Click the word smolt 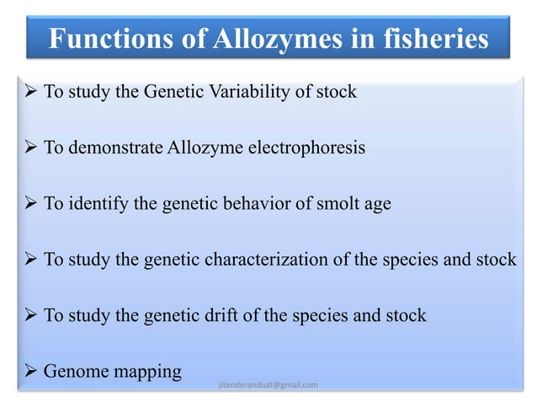331,203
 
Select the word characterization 277,260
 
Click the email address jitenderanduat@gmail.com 268,385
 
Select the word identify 90,204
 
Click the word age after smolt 375,205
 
